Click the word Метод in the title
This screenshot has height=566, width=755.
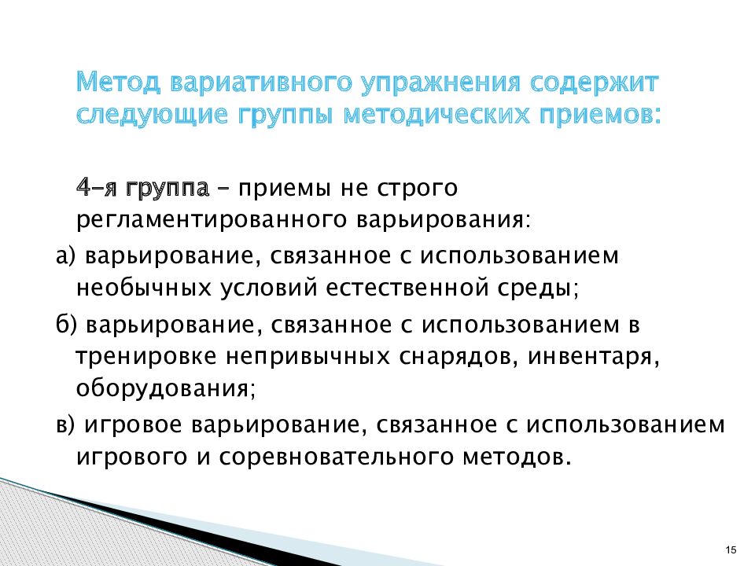pyautogui.click(x=118, y=83)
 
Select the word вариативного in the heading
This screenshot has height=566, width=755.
pyautogui.click(x=260, y=83)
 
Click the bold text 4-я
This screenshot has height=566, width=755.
pyautogui.click(x=96, y=188)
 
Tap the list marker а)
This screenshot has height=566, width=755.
pyautogui.click(x=66, y=255)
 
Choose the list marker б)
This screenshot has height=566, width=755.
pyautogui.click(x=66, y=325)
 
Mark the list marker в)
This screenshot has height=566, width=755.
pyautogui.click(x=65, y=425)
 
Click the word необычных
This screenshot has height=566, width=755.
pyautogui.click(x=144, y=289)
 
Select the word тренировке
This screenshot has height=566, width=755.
pyautogui.click(x=146, y=358)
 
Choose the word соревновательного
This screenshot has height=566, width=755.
pyautogui.click(x=337, y=457)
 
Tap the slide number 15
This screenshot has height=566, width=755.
pyautogui.click(x=731, y=550)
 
